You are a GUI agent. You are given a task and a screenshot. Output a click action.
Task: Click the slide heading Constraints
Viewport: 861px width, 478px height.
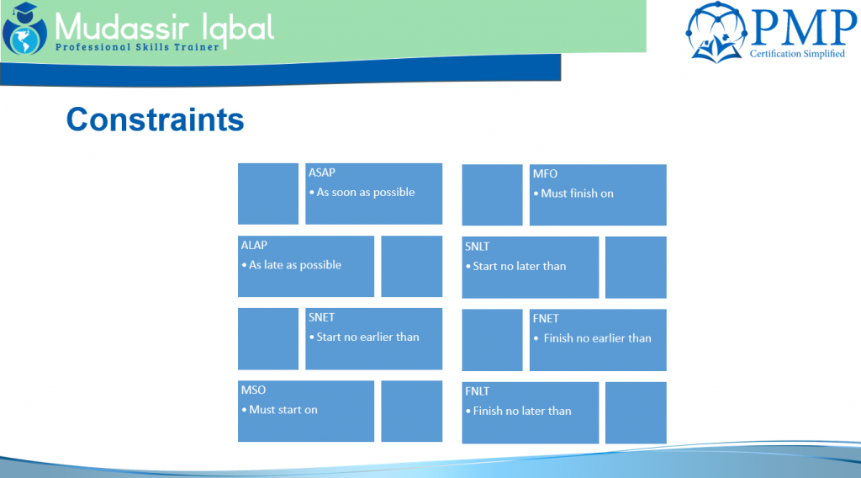click(x=155, y=119)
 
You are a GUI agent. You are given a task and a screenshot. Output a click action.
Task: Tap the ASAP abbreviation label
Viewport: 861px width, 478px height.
click(x=322, y=173)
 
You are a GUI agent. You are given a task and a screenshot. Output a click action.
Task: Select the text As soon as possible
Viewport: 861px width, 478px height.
click(x=366, y=192)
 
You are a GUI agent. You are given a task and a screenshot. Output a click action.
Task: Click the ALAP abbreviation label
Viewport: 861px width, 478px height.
click(x=255, y=245)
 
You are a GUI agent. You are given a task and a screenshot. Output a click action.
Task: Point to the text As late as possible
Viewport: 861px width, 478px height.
click(x=295, y=264)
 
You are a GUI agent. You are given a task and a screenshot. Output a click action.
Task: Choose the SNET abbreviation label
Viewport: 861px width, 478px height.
click(x=322, y=317)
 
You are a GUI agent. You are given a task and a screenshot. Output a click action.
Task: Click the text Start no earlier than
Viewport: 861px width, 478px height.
click(x=367, y=337)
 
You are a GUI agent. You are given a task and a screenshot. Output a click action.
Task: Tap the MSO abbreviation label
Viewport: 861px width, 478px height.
click(x=253, y=390)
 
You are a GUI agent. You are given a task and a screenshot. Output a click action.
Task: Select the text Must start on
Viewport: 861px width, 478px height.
click(x=283, y=410)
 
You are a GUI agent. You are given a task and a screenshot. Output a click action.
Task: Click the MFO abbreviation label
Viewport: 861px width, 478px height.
click(x=546, y=174)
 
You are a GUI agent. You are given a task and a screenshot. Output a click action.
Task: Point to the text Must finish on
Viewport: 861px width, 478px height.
click(x=577, y=194)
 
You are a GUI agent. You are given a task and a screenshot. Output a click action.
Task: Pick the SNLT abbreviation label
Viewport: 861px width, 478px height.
click(x=478, y=247)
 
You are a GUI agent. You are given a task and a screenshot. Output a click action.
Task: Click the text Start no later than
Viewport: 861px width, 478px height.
click(x=520, y=266)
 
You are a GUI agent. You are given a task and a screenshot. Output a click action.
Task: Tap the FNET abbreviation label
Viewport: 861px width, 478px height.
click(x=546, y=319)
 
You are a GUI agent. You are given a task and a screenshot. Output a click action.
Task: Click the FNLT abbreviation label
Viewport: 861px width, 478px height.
click(x=478, y=391)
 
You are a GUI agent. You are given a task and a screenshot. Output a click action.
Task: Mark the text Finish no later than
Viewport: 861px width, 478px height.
click(x=522, y=411)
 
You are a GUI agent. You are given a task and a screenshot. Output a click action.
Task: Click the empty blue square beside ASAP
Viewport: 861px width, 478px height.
click(x=268, y=194)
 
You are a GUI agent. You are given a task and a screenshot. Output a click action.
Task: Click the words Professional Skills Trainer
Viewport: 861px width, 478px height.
click(x=137, y=47)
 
